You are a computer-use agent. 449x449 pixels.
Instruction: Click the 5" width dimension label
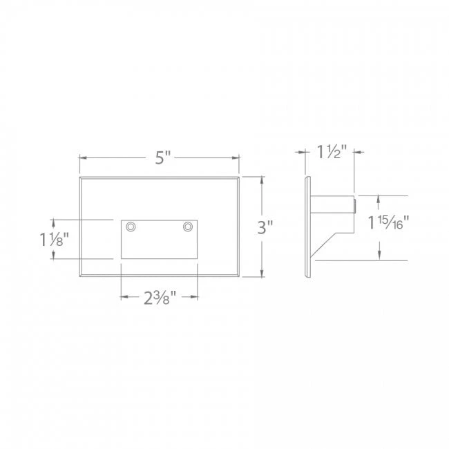(161, 157)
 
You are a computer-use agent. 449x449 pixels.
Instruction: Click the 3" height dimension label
(265, 227)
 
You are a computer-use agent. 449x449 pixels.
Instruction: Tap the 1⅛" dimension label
(54, 239)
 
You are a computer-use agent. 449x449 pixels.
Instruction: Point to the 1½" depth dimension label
(331, 152)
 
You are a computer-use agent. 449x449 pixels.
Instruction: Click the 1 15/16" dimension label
(388, 223)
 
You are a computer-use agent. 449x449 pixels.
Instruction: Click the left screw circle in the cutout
(131, 227)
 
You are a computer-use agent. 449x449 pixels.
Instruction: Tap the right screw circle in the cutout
(187, 226)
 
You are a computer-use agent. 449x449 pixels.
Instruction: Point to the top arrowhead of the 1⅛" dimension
(55, 222)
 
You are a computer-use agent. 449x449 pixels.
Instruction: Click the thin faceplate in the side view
(307, 228)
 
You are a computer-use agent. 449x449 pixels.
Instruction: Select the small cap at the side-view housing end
(355, 204)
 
